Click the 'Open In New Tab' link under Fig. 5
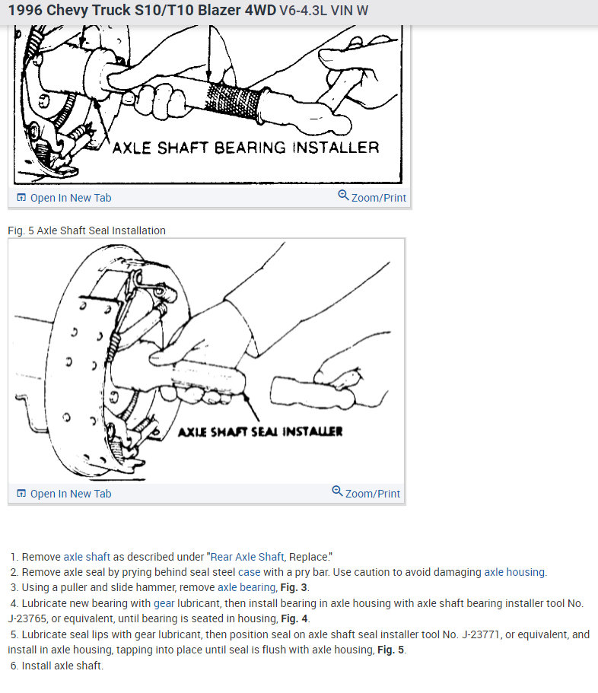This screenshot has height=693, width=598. [70, 494]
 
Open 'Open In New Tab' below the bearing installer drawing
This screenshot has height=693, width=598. [70, 198]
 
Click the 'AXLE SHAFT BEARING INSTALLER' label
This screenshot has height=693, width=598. [245, 148]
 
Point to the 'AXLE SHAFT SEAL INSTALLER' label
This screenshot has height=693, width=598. [259, 431]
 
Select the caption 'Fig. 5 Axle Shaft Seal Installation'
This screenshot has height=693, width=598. [87, 230]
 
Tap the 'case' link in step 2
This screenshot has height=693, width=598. [249, 572]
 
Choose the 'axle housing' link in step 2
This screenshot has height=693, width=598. [514, 572]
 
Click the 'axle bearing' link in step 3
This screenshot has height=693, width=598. [246, 587]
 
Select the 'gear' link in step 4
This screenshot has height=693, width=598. [164, 603]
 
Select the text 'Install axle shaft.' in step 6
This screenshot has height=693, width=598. [62, 666]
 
